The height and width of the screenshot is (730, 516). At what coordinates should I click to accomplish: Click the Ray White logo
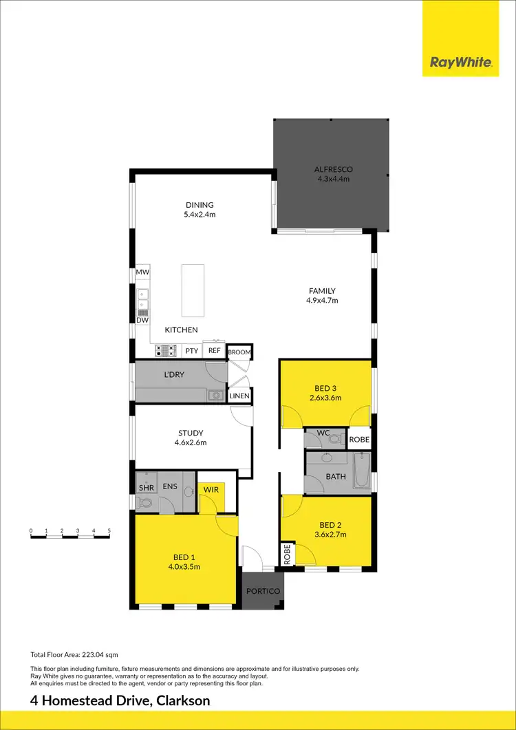pyautogui.click(x=460, y=63)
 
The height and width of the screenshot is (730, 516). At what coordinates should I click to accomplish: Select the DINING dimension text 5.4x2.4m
pyautogui.click(x=200, y=214)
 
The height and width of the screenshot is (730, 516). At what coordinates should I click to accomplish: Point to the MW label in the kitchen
pyautogui.click(x=142, y=272)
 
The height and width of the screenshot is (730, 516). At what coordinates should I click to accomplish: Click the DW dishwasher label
pyautogui.click(x=142, y=320)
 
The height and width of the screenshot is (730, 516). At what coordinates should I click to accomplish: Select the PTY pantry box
pyautogui.click(x=192, y=351)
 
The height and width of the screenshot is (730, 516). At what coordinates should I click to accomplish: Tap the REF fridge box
pyautogui.click(x=214, y=351)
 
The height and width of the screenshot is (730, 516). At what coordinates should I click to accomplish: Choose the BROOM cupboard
pyautogui.click(x=239, y=352)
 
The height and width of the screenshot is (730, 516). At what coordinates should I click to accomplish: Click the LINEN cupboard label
pyautogui.click(x=239, y=396)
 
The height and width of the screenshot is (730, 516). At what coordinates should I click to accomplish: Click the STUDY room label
pyautogui.click(x=191, y=433)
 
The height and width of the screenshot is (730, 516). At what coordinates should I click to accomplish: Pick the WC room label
pyautogui.click(x=324, y=433)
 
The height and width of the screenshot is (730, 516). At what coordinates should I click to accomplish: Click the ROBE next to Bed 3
pyautogui.click(x=359, y=439)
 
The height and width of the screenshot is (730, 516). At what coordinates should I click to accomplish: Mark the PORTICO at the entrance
pyautogui.click(x=262, y=591)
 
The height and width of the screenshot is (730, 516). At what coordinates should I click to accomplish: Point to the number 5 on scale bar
pyautogui.click(x=109, y=531)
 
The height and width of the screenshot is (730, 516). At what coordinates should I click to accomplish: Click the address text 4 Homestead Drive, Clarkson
pyautogui.click(x=120, y=701)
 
